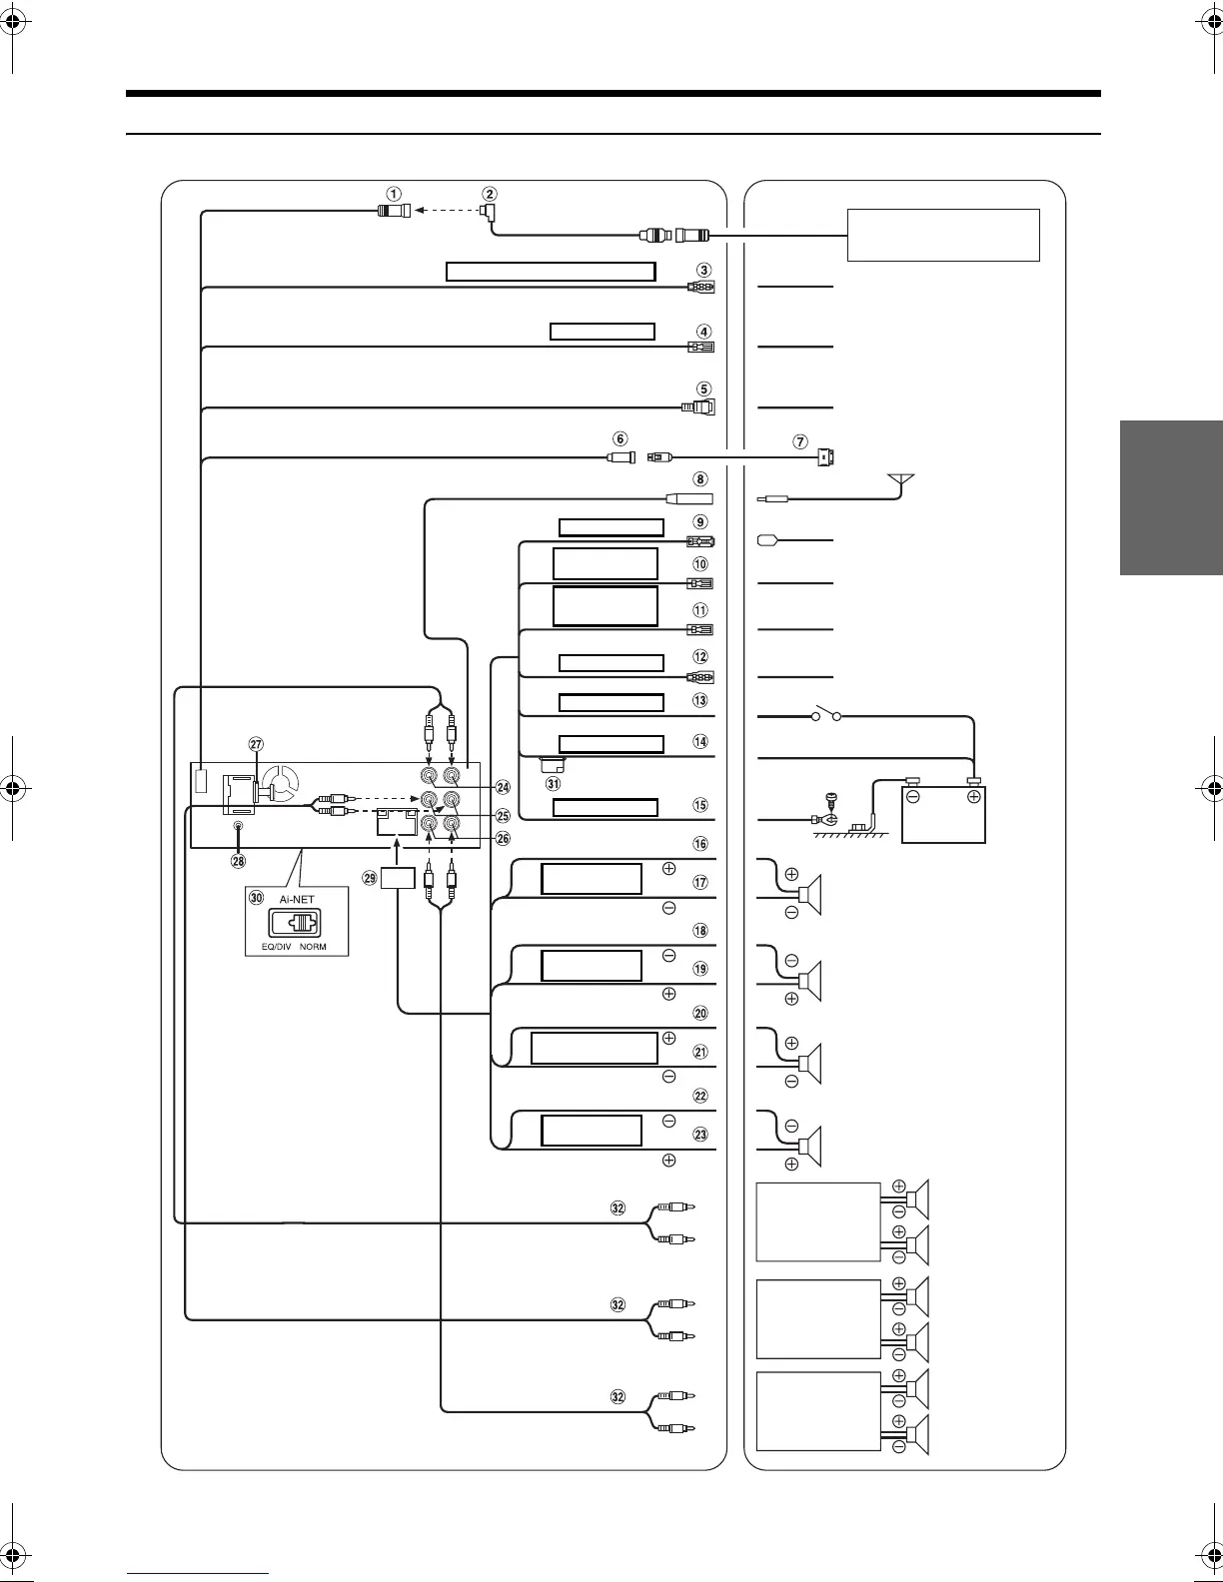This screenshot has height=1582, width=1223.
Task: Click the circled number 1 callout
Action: coord(395,194)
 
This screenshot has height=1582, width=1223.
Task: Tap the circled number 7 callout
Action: coord(800,441)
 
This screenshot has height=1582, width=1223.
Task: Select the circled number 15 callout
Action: coord(701,805)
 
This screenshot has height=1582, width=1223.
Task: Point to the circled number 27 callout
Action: coord(257,744)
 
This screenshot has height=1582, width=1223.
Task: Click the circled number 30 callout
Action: coord(257,899)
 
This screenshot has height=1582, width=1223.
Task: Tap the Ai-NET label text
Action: coord(297,899)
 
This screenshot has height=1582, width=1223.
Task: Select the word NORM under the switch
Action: coord(313,946)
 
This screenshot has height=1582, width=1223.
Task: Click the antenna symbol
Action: coord(903,481)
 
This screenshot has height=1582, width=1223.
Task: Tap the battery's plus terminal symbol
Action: coord(973,797)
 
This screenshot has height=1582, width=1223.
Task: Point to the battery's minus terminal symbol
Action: coord(912,797)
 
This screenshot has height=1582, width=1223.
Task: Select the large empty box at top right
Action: coord(943,235)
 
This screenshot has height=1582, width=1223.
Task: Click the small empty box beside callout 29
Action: coord(398,879)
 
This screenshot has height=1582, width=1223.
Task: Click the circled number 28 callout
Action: coord(238,860)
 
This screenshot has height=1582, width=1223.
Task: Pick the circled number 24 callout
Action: coord(503,787)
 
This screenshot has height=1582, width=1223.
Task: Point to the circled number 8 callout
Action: coord(701,479)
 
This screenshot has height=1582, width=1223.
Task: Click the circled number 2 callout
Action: coord(489,194)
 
